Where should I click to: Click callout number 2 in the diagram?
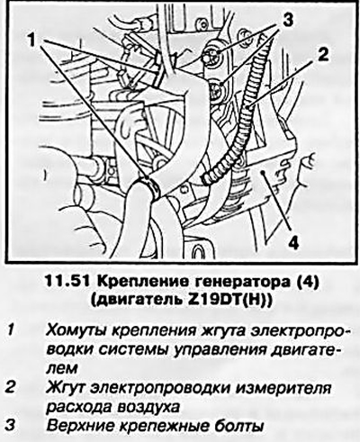tap(322, 55)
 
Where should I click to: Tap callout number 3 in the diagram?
tap(286, 20)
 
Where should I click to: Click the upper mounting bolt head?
tap(213, 56)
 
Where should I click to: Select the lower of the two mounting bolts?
tap(216, 90)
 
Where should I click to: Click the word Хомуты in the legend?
tap(76, 331)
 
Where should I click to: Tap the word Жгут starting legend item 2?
tap(66, 388)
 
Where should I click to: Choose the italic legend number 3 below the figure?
tap(11, 426)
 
